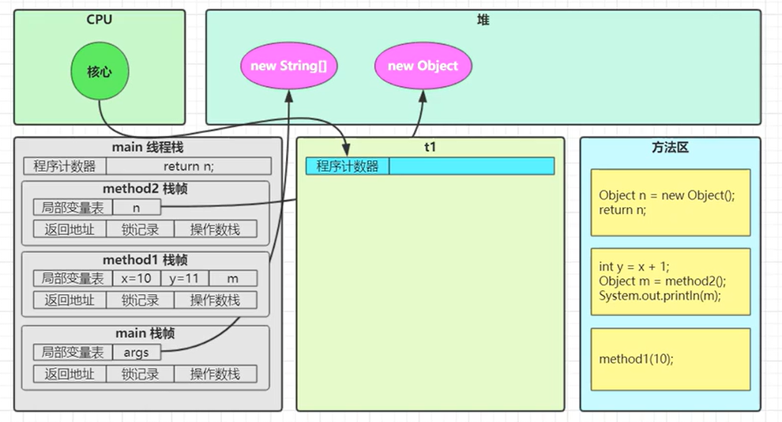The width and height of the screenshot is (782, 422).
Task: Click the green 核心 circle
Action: (100, 72)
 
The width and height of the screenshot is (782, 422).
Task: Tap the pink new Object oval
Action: (423, 66)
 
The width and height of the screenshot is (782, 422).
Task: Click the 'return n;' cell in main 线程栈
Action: (188, 166)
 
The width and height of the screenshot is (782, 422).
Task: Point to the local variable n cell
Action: (136, 207)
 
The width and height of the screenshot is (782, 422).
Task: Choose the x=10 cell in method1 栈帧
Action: (136, 278)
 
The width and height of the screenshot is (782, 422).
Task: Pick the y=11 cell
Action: (184, 278)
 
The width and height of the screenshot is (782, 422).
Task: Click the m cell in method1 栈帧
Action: (232, 278)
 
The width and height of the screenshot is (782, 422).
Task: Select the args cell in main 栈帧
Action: (136, 352)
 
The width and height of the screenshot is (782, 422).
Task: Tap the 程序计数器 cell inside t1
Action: (348, 166)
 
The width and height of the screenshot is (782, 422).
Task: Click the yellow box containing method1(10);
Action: (671, 359)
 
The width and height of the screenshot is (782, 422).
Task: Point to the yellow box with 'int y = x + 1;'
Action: (671, 281)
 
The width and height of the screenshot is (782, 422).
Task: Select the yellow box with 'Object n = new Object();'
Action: (671, 202)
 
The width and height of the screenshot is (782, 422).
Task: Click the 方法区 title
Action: (671, 148)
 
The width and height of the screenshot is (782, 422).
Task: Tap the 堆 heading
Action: (483, 20)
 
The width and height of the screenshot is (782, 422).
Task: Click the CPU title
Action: (100, 19)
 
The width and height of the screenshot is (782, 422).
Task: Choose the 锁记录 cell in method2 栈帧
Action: (140, 229)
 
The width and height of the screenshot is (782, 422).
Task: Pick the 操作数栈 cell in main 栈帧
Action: (214, 374)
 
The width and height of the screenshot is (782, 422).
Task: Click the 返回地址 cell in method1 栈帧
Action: (69, 300)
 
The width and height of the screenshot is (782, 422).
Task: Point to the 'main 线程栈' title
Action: (148, 148)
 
